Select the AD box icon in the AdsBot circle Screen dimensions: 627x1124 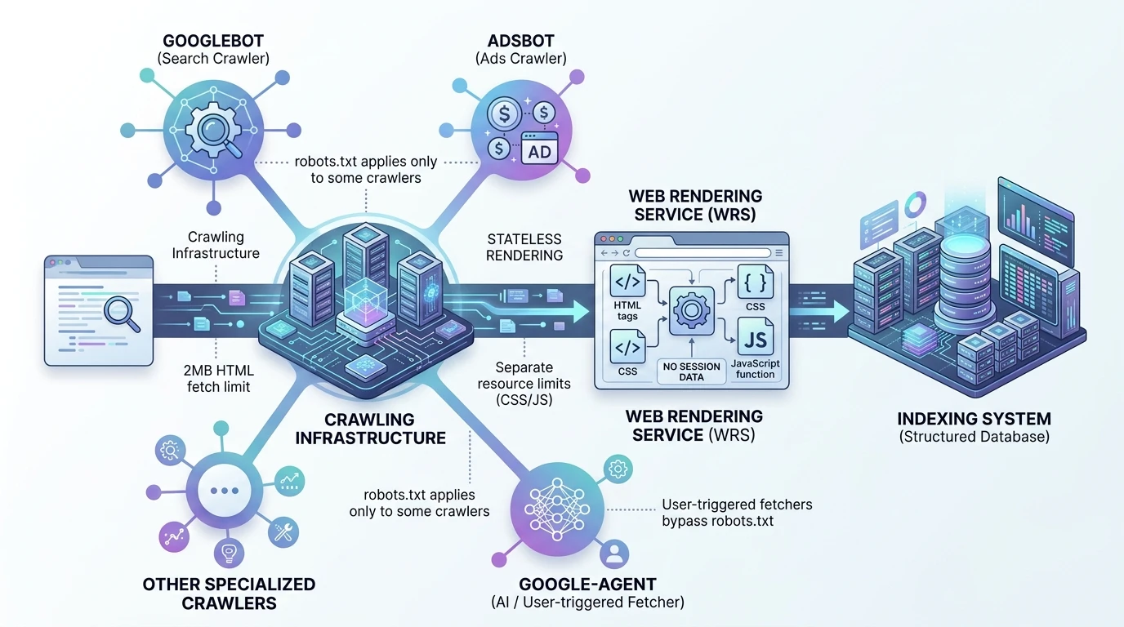[539, 151]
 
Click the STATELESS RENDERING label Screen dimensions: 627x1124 [524, 247]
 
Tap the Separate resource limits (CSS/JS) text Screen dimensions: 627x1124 [524, 384]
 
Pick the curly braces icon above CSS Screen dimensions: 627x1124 [756, 282]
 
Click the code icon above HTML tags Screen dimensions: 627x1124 [628, 282]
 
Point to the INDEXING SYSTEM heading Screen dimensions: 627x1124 [975, 419]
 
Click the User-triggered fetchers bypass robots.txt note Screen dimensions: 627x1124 [736, 513]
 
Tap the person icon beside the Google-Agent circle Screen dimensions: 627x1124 [614, 555]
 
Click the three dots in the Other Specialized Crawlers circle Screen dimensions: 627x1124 [224, 491]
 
